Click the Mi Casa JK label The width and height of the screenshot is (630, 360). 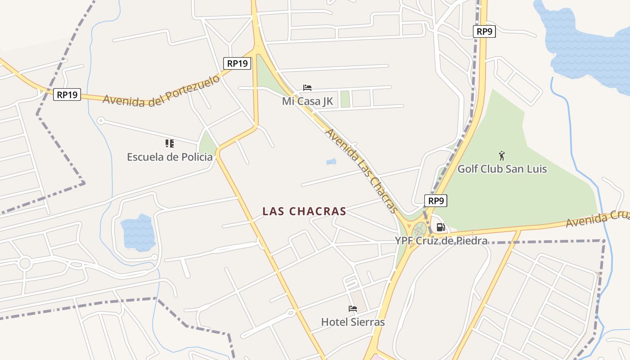[307, 101]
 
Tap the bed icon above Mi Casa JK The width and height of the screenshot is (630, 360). [307, 88]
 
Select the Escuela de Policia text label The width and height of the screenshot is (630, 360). [170, 157]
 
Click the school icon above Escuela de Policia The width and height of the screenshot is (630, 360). [170, 144]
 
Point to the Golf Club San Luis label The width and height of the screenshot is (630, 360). [502, 169]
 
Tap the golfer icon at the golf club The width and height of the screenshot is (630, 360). [502, 156]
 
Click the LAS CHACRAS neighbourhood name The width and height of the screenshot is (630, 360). [304, 211]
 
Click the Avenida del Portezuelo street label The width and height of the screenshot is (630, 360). [162, 91]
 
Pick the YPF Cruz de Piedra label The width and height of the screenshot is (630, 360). [441, 241]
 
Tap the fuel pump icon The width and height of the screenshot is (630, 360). [441, 228]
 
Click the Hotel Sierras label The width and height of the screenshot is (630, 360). [353, 322]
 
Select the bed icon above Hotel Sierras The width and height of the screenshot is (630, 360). [353, 309]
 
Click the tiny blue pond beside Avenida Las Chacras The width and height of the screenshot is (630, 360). [331, 161]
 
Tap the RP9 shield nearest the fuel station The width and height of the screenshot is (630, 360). [436, 201]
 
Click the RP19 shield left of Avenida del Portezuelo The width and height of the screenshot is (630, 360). [67, 94]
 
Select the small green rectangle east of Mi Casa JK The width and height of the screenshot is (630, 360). [345, 99]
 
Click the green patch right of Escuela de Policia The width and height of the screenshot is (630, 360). [207, 144]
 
